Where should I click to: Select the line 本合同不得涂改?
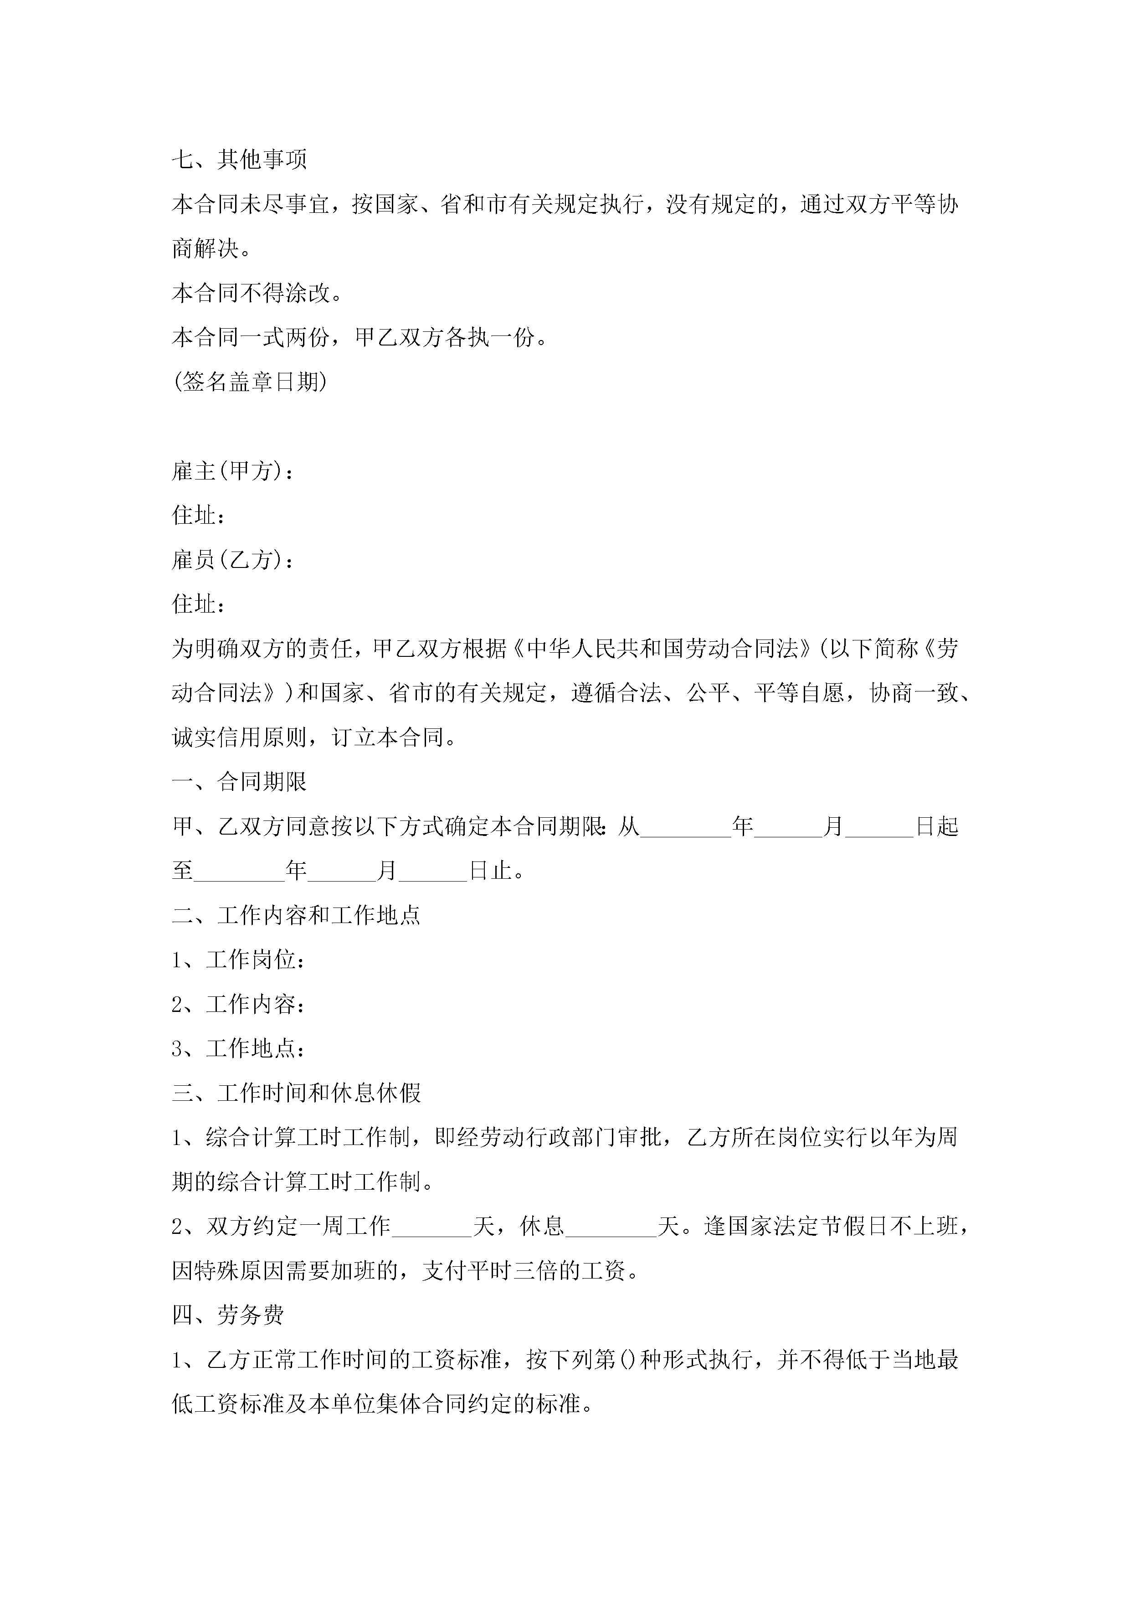[x=257, y=293]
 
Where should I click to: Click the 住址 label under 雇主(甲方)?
[x=198, y=516]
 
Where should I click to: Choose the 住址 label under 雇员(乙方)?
[x=198, y=604]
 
